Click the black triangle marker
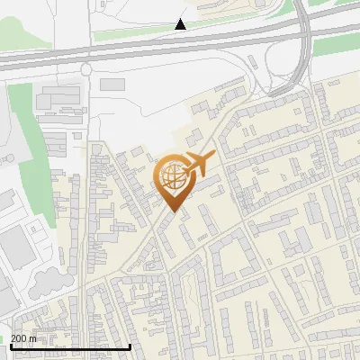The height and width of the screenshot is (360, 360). [181, 24]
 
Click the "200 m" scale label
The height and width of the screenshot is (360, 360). [23, 337]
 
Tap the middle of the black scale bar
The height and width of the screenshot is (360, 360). [71, 346]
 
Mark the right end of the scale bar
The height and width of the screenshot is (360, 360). [130, 346]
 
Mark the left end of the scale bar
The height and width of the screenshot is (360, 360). [12, 346]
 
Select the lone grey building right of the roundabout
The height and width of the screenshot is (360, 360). [112, 84]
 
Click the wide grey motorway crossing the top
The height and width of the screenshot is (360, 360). [135, 52]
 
